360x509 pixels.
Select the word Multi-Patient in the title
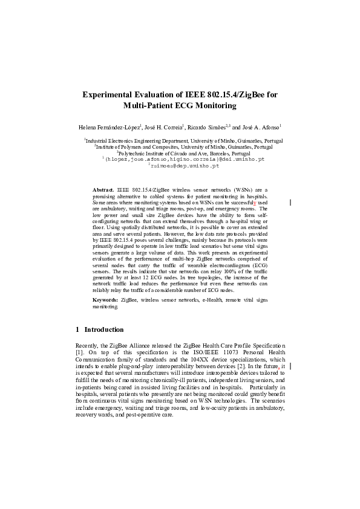(x=151, y=106)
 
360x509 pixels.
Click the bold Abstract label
(x=103, y=190)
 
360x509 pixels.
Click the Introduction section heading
(x=104, y=329)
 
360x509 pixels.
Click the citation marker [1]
(x=79, y=351)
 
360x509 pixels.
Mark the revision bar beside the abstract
(x=291, y=202)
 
